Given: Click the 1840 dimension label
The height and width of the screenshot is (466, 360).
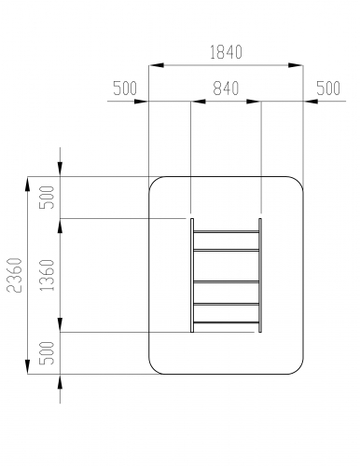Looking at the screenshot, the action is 226,52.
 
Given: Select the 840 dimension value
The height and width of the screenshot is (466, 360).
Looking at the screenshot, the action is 226,89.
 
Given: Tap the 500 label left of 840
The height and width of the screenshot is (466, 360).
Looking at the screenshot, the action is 125,89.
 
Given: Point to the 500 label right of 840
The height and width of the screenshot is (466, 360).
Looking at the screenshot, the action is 328,89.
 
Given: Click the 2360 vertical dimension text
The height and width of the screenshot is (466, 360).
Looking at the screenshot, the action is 14,275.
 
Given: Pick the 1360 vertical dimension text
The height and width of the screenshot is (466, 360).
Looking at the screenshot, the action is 48,275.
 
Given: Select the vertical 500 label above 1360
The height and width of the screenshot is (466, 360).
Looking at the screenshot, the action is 48,198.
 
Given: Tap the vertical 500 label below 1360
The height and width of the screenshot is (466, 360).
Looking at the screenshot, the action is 48,353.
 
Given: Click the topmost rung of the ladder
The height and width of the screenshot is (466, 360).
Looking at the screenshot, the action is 226,232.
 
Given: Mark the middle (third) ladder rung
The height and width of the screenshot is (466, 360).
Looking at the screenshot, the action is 226,281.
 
